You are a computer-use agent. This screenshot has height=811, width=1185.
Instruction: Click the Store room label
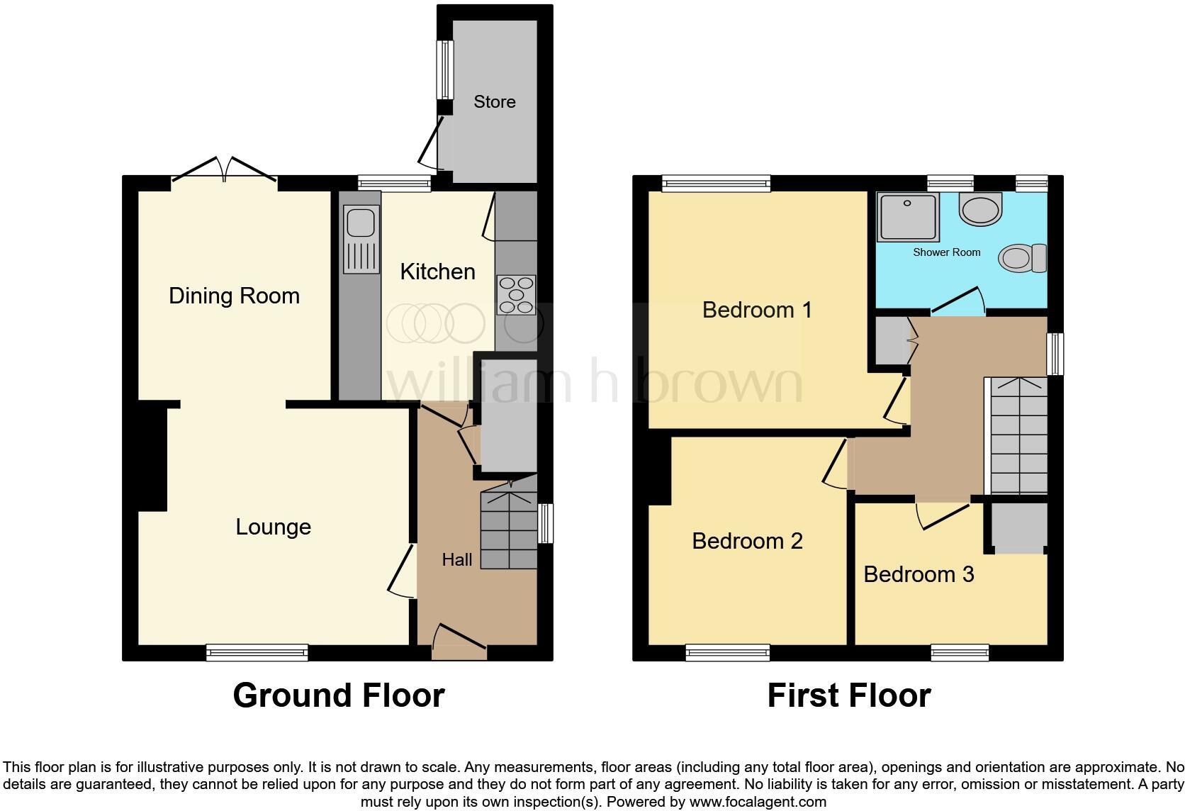[494, 102]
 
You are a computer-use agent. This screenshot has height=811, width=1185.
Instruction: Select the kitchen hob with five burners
[516, 294]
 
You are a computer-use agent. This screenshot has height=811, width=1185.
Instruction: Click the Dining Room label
[234, 296]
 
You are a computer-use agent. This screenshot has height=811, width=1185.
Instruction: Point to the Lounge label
[273, 527]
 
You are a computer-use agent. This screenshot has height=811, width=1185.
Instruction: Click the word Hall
[456, 560]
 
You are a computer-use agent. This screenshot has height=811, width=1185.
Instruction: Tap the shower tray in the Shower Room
[908, 216]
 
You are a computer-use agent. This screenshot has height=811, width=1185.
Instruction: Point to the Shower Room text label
[946, 252]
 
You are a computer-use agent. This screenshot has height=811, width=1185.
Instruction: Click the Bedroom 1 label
[757, 310]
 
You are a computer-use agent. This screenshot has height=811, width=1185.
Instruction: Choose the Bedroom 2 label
[747, 541]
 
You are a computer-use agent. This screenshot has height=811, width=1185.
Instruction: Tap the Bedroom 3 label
[919, 574]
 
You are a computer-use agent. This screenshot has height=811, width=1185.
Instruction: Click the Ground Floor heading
[339, 695]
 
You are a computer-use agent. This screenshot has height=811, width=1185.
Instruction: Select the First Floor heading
[848, 695]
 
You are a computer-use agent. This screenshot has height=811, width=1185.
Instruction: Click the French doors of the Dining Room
[225, 170]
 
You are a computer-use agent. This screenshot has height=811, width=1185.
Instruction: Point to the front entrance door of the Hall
[459, 640]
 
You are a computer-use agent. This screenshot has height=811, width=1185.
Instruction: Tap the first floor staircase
[1018, 436]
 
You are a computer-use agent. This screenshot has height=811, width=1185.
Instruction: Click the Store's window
[445, 69]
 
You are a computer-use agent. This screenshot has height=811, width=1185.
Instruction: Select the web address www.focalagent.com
[758, 802]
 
